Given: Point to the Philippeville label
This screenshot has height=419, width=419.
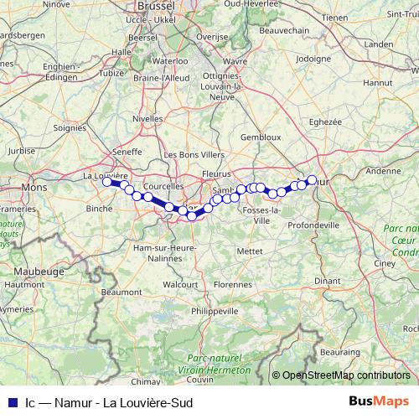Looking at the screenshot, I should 214,311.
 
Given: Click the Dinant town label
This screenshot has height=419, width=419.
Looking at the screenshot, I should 328,279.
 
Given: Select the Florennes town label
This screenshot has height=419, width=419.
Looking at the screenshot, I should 232,284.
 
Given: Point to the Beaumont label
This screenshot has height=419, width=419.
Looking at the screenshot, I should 122,292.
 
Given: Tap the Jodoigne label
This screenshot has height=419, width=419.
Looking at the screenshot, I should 314,59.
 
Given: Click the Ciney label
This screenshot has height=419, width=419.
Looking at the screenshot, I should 385,263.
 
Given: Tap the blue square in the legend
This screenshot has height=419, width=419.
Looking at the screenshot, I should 11,402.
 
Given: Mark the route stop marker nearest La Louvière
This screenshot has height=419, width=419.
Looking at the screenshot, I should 106,181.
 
